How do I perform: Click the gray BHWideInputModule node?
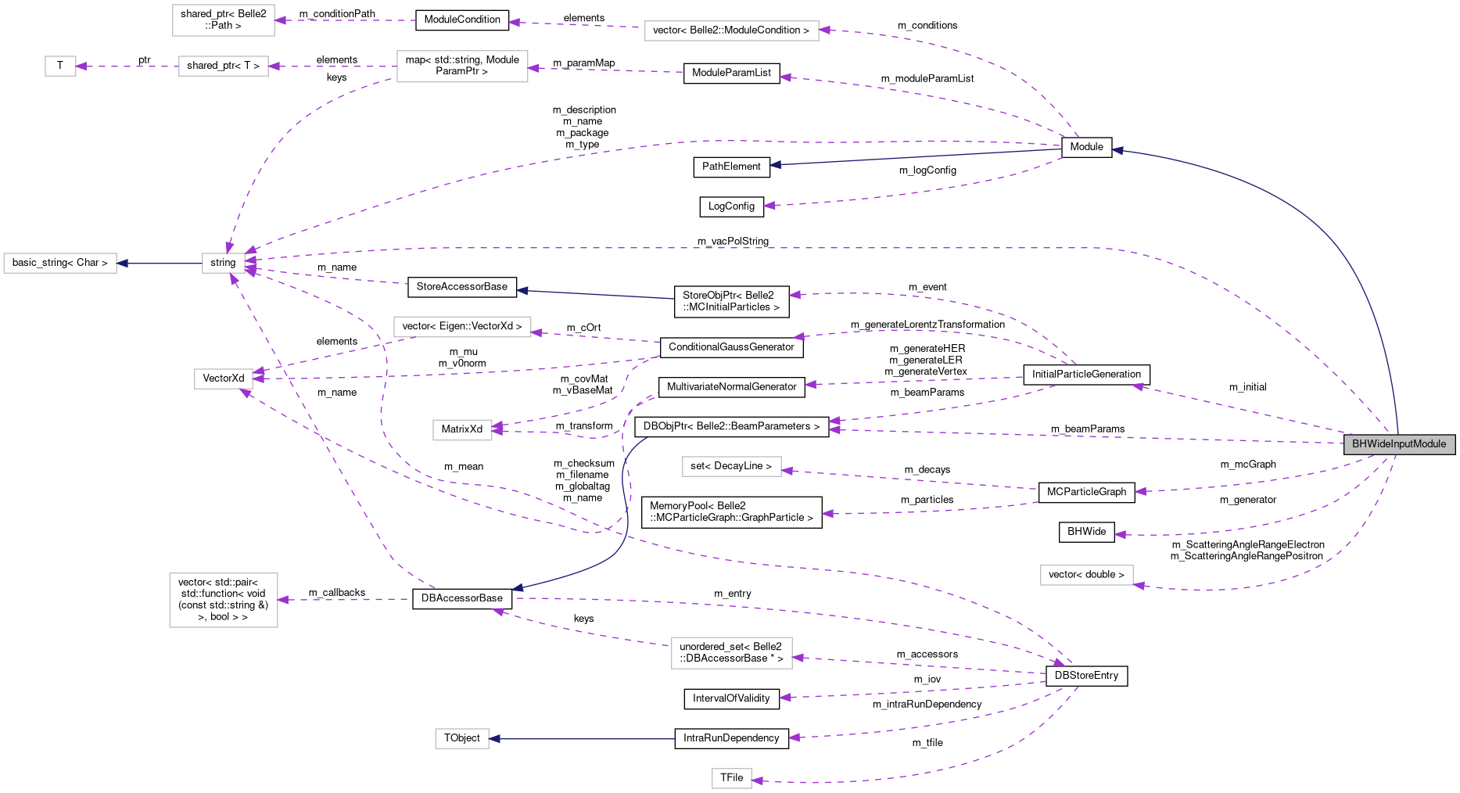1399,444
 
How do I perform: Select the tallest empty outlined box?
224,600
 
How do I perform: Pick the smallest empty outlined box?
60,66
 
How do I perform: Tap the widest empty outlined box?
731,30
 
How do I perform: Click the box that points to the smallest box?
223,66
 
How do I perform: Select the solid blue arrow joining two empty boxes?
160,264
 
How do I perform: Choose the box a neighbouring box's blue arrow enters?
60,264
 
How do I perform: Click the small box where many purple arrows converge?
223,264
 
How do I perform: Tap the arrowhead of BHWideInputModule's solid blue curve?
1117,150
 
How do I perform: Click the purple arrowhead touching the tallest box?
283,600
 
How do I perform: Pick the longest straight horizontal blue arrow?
583,739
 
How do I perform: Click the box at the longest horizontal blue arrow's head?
461,738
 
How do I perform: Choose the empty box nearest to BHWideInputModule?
1086,575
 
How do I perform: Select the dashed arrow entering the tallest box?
344,600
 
